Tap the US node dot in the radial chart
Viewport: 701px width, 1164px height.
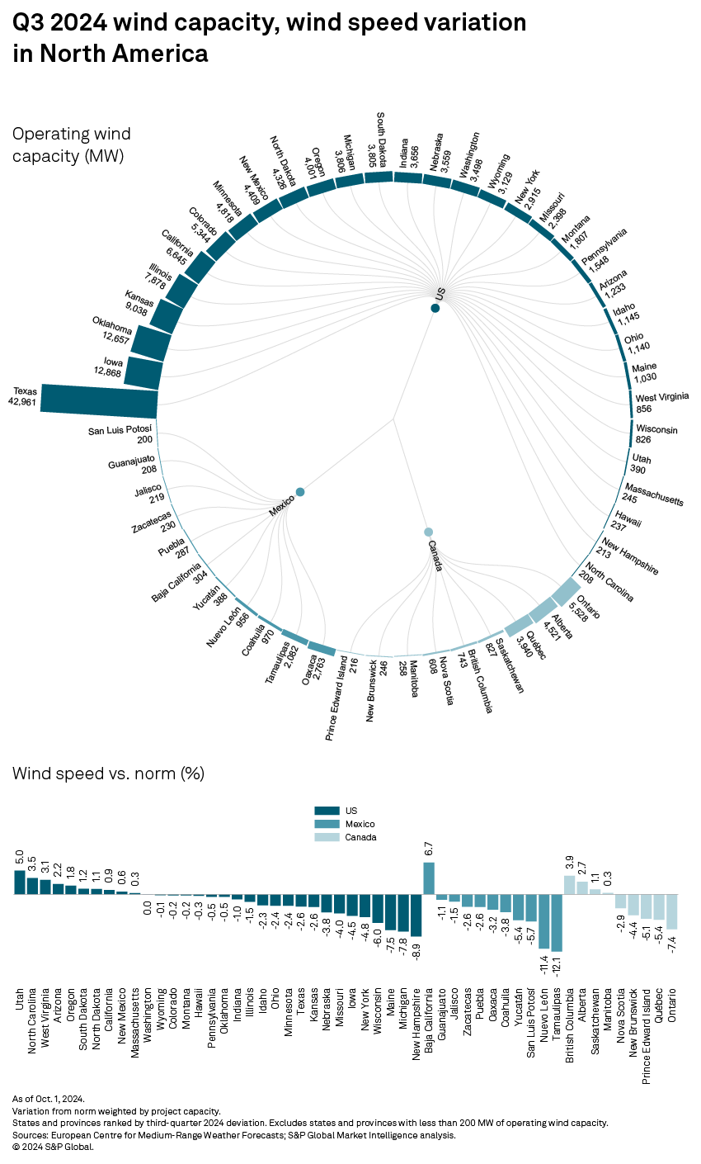[x=435, y=308]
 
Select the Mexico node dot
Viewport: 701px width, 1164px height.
[x=300, y=492]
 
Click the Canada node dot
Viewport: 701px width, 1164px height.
[x=428, y=532]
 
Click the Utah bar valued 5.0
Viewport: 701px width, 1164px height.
[x=20, y=882]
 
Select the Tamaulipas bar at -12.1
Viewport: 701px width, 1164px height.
[x=557, y=923]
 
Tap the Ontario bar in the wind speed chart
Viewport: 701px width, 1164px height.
[x=672, y=911]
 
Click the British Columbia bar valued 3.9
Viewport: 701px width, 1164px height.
[x=569, y=885]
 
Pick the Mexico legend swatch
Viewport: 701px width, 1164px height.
[x=328, y=824]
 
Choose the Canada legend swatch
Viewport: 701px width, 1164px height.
[x=328, y=837]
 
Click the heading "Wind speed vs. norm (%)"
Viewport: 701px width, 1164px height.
[x=108, y=774]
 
